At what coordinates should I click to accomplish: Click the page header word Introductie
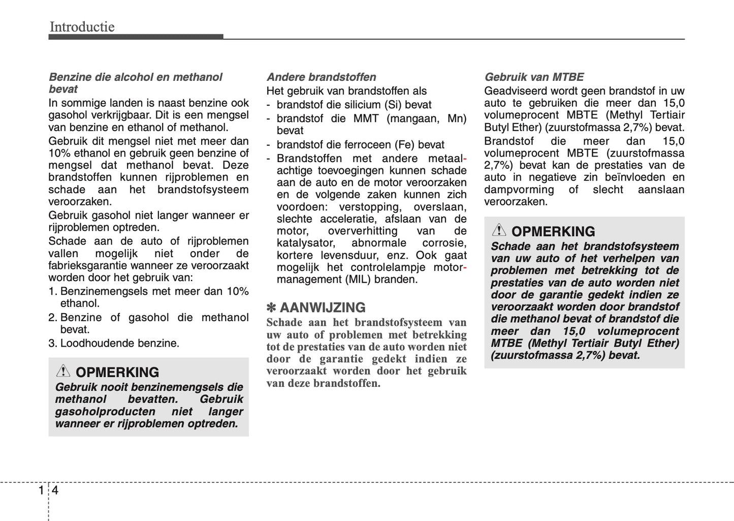coord(82,26)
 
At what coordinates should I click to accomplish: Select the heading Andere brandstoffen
coord(321,77)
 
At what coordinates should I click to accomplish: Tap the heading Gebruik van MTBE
coord(534,77)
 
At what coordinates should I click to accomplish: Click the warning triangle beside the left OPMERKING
coord(63,371)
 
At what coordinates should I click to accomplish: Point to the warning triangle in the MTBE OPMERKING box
coord(499,230)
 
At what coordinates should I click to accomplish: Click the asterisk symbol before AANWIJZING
coord(271,308)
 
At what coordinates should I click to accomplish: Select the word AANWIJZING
coord(323,308)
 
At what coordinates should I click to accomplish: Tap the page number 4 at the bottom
coord(55,491)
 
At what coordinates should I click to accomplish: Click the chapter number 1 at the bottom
coord(41,491)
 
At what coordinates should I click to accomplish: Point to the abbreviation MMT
coord(366,118)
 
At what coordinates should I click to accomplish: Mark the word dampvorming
coord(519,190)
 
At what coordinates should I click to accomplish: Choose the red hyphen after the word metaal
coord(464,159)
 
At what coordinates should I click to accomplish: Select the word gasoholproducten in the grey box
coord(105,411)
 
